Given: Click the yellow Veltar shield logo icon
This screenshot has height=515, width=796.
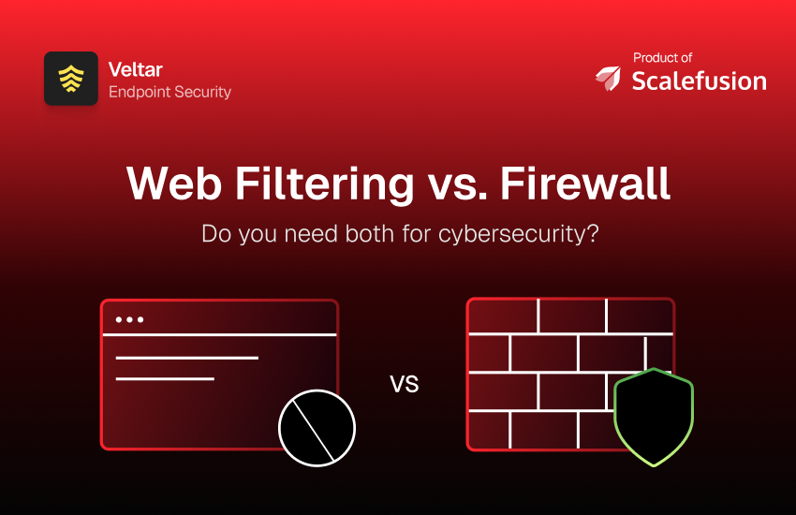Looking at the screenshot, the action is tap(71, 79).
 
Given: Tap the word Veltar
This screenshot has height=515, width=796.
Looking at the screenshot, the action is tap(136, 69).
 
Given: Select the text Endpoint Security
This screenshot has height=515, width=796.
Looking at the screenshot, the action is tap(170, 93).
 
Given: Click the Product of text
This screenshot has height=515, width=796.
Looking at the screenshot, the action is tap(662, 58).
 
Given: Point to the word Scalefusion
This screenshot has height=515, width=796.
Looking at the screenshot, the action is tap(699, 81).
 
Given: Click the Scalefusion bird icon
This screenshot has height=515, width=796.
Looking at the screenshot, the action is tap(608, 78).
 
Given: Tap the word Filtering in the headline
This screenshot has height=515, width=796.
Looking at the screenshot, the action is tap(324, 184).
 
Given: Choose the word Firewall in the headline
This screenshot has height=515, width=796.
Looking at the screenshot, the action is tap(585, 184).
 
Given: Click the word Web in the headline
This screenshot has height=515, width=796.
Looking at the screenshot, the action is tap(174, 184).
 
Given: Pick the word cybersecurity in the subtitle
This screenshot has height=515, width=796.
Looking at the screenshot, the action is tap(512, 235).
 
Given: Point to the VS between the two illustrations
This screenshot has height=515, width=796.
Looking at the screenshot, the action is tap(405, 384).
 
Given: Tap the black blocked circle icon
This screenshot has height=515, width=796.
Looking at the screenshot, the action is tap(317, 428).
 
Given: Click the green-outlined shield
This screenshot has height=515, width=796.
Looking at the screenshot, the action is tap(654, 417).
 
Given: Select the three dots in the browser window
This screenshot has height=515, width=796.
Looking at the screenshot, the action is tap(129, 319).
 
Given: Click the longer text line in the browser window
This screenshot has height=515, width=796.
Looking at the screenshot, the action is tap(186, 359).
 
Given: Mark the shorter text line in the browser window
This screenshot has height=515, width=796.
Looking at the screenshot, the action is tap(165, 379).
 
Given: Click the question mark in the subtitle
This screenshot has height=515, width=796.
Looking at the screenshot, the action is tap(593, 234).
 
